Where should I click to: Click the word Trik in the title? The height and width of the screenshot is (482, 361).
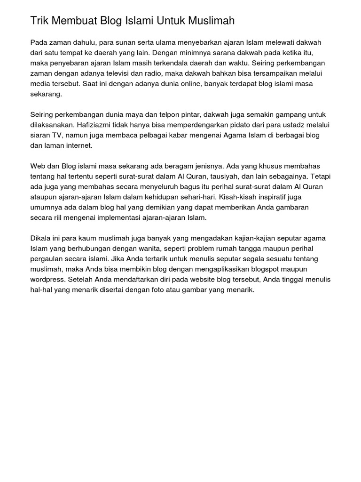pyautogui.click(x=39, y=21)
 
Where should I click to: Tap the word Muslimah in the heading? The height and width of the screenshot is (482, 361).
pyautogui.click(x=211, y=21)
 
